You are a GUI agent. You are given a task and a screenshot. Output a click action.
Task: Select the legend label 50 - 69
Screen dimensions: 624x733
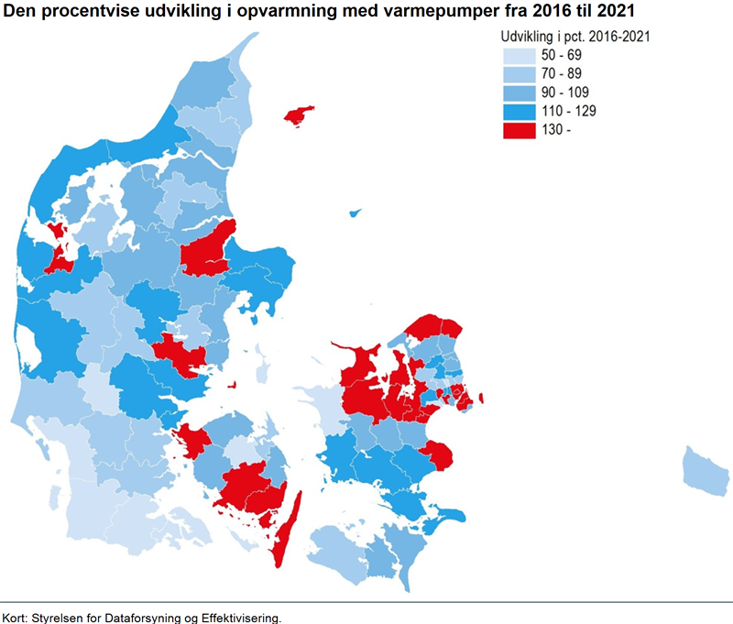(x=561, y=55)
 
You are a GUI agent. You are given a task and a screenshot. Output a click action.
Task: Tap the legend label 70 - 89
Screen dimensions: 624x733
(x=561, y=74)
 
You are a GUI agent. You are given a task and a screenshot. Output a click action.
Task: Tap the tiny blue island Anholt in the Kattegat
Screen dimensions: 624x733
(x=355, y=213)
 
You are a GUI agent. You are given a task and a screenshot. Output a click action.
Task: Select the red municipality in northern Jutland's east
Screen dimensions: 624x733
(x=210, y=250)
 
